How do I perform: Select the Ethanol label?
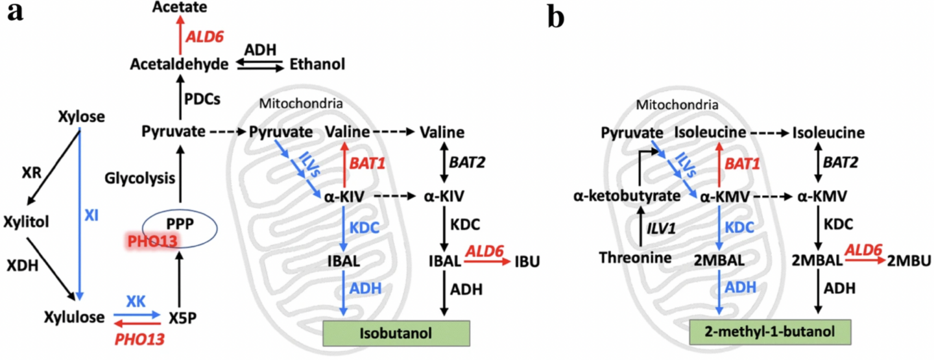coord(317,64)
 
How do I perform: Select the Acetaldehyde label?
coord(178,64)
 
